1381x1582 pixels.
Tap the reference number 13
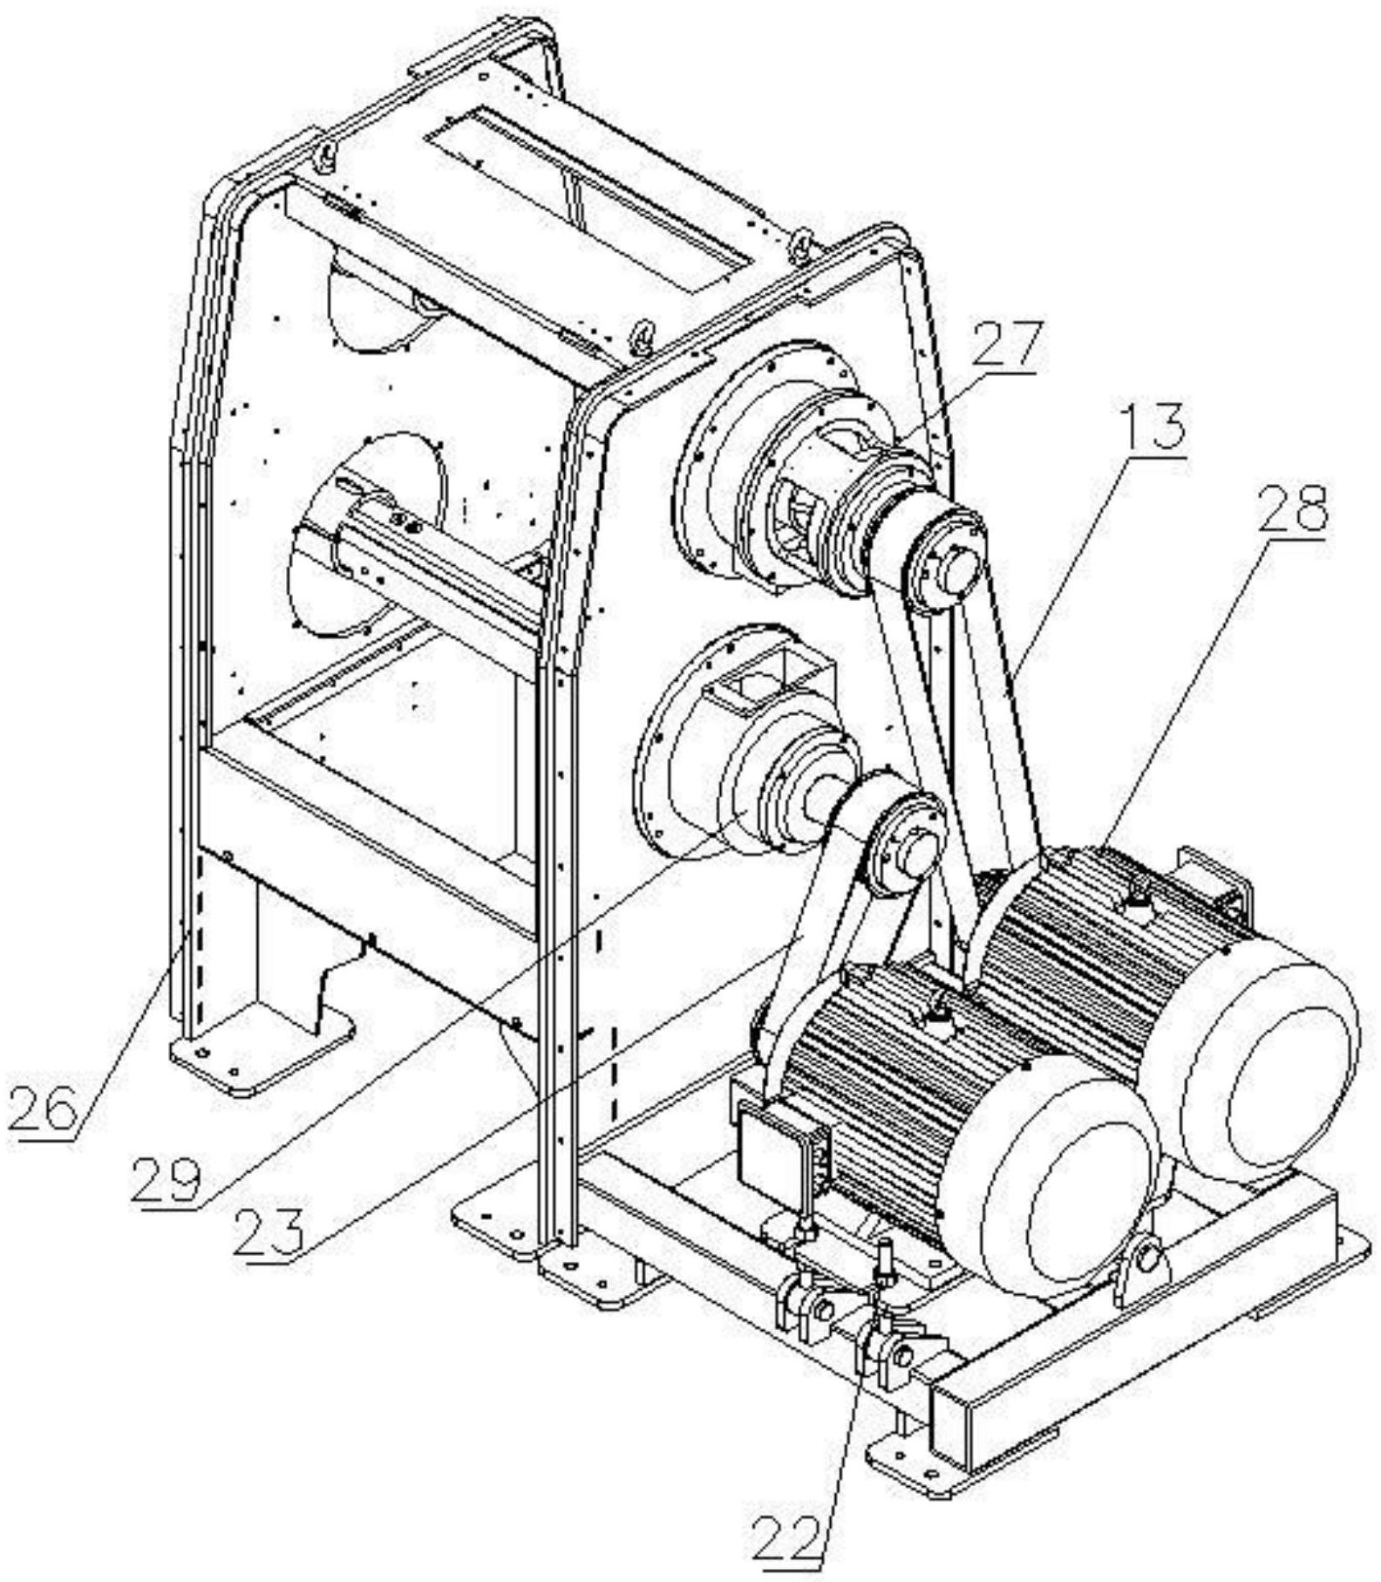[x=1156, y=426]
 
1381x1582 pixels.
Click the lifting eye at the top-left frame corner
[x=323, y=158]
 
